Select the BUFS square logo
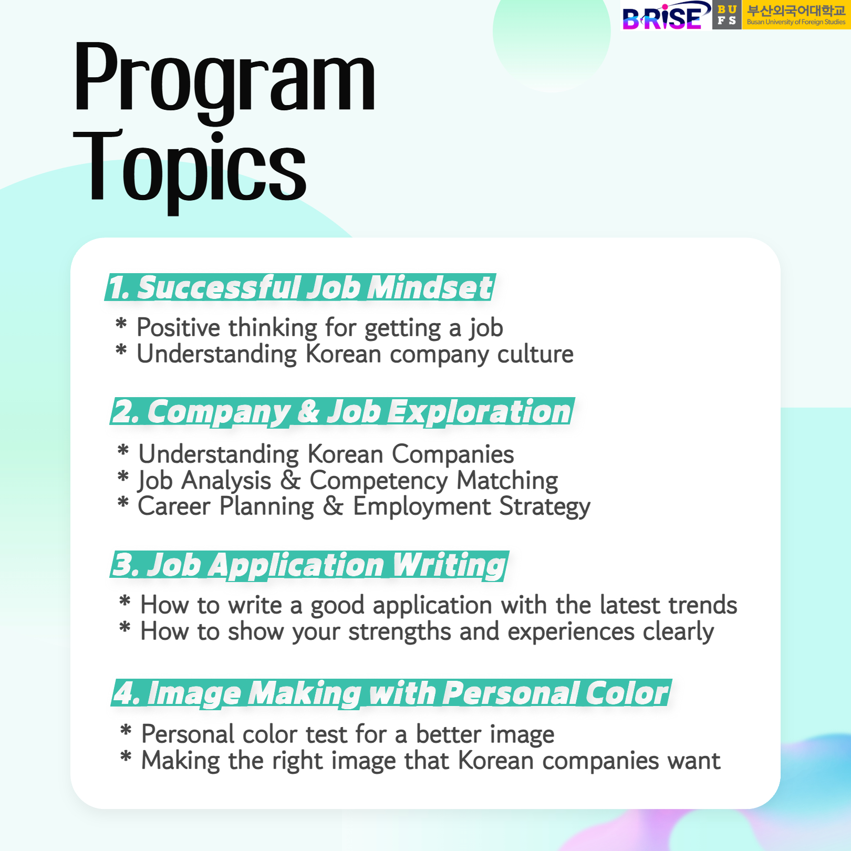click(727, 15)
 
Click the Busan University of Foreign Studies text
click(796, 22)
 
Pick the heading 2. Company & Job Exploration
click(343, 412)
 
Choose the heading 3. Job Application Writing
click(309, 565)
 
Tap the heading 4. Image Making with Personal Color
click(391, 693)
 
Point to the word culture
click(535, 354)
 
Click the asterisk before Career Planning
click(123, 502)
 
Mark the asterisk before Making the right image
click(126, 756)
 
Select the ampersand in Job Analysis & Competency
click(290, 480)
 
